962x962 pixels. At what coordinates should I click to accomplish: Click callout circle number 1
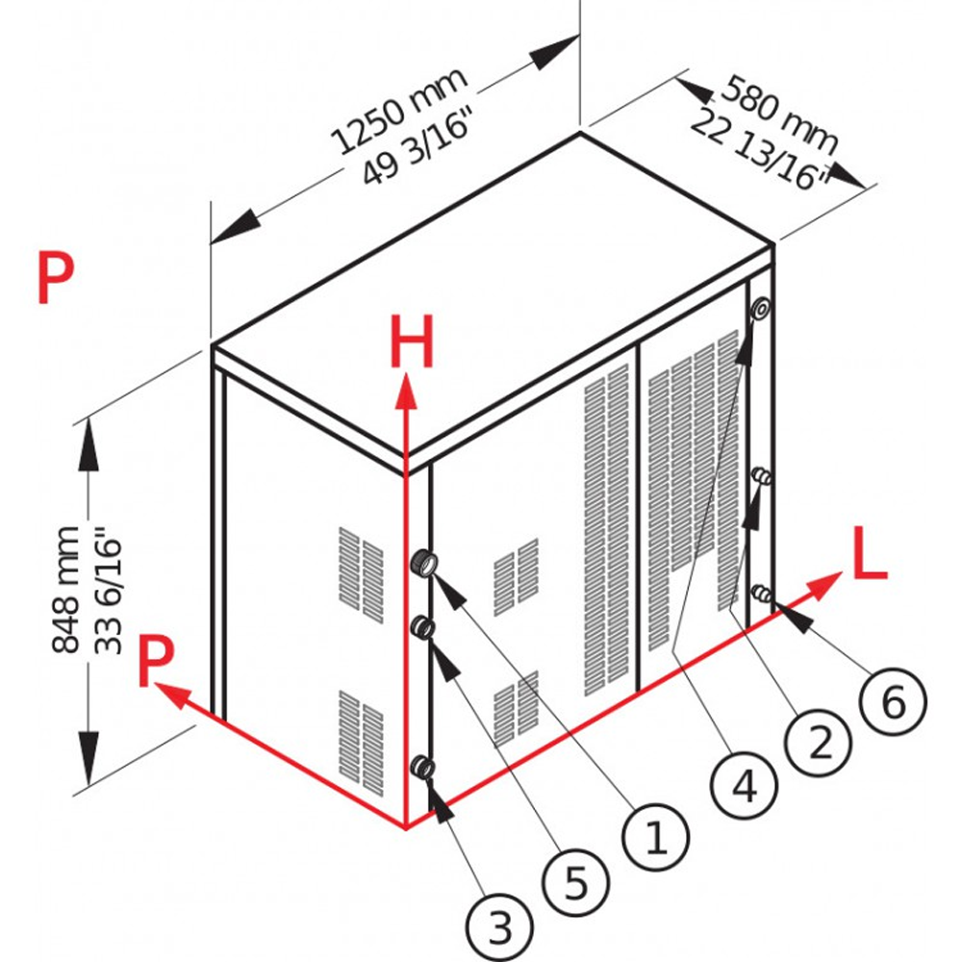point(656,837)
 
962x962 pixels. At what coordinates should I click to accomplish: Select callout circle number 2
point(819,741)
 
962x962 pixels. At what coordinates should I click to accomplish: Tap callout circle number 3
point(499,928)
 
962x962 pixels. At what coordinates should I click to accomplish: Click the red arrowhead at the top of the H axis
point(408,390)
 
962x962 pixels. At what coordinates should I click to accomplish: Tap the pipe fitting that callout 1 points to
point(423,563)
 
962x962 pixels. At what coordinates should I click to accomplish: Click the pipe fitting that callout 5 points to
point(421,628)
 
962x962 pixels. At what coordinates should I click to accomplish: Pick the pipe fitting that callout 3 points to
point(421,767)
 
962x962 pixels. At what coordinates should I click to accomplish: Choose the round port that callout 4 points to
point(760,309)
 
